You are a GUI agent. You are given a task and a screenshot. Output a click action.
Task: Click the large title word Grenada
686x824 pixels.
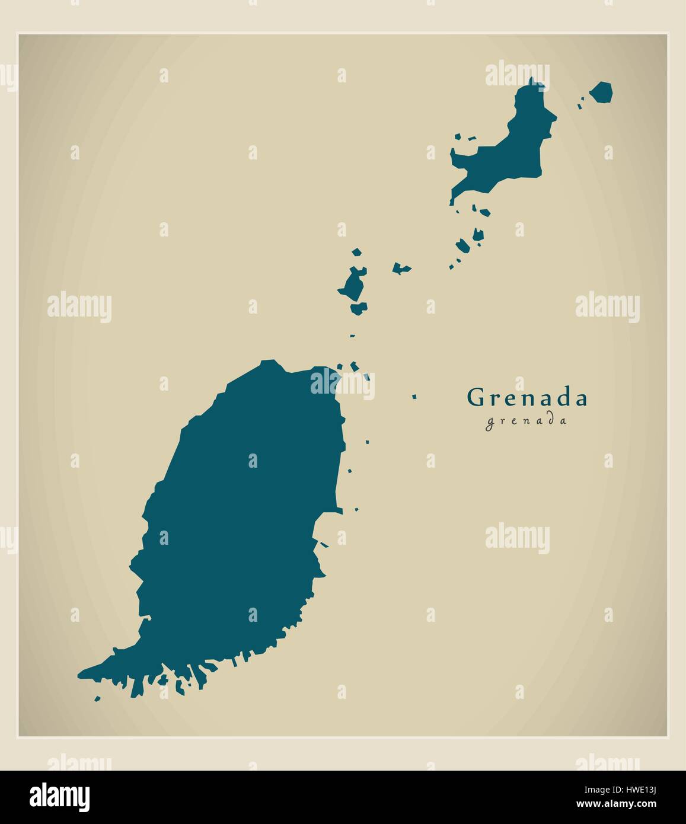point(527,398)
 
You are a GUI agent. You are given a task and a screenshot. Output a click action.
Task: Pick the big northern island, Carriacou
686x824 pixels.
point(510,154)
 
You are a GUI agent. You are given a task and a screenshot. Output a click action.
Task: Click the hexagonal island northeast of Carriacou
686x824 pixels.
point(602,92)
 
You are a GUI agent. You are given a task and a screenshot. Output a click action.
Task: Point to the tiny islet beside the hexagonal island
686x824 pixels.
point(581,106)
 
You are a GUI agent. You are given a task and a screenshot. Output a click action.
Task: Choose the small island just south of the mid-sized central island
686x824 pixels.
point(358,308)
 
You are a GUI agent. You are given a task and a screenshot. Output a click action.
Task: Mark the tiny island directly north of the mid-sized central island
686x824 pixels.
point(356,253)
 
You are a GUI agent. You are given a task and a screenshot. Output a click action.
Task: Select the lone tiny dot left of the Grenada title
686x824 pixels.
point(414,397)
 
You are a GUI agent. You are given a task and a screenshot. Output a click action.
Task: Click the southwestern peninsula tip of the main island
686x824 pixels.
point(83,674)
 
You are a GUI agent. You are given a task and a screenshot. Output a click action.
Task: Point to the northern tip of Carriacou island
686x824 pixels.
point(531,82)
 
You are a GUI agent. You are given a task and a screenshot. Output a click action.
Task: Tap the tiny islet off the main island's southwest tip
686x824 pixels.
point(98,698)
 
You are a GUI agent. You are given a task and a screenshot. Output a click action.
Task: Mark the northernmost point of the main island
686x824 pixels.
point(270,361)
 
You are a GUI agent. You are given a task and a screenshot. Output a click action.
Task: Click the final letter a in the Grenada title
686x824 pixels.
point(580,399)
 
